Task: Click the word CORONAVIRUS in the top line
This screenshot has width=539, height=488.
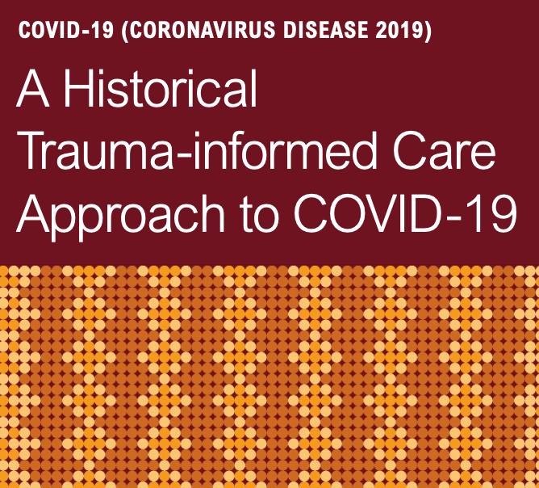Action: (203, 30)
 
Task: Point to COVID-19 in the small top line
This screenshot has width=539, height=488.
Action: (66, 30)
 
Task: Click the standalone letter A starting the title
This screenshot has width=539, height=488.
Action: (33, 88)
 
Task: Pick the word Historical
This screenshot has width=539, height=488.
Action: (161, 88)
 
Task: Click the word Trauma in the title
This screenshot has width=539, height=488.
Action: (96, 151)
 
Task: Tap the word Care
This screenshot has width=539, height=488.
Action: (445, 151)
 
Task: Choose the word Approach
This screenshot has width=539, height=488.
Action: (120, 214)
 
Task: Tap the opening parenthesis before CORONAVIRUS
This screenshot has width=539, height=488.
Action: (125, 31)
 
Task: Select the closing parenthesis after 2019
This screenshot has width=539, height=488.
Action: (428, 31)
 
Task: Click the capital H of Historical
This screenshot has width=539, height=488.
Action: (79, 88)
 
